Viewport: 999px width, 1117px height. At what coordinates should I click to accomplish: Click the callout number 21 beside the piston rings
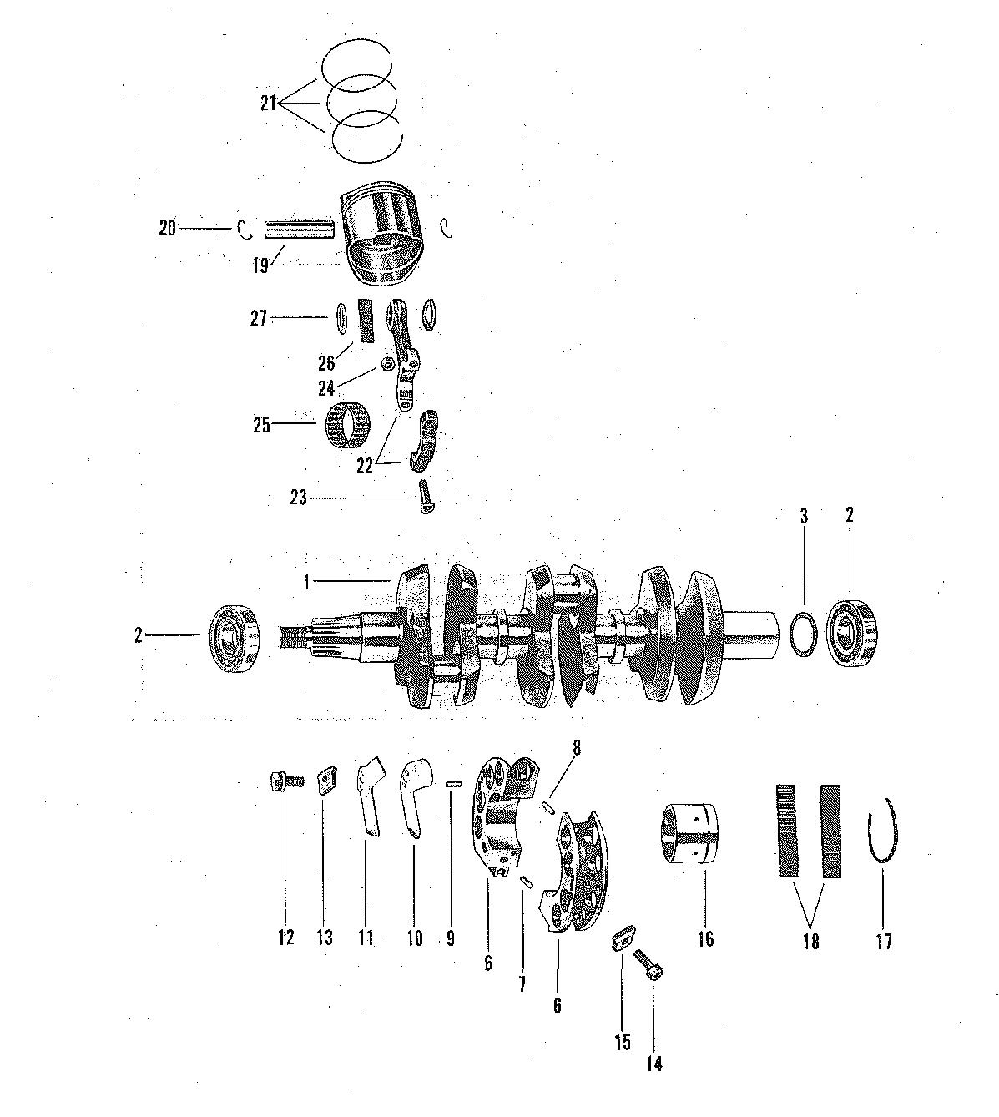tap(268, 103)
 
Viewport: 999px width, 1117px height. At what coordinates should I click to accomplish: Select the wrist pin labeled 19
tap(300, 227)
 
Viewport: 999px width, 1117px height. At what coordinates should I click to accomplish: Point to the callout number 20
tap(168, 228)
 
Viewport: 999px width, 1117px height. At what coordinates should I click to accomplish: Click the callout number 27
tap(259, 318)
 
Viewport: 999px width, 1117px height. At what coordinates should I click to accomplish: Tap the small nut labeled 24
tap(387, 365)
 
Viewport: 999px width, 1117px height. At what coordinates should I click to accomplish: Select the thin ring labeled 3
tap(804, 634)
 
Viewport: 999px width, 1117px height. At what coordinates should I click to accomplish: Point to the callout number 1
tap(306, 583)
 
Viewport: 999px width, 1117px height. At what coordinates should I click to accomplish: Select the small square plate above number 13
tap(325, 780)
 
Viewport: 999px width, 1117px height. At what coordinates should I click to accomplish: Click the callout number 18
tap(810, 942)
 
